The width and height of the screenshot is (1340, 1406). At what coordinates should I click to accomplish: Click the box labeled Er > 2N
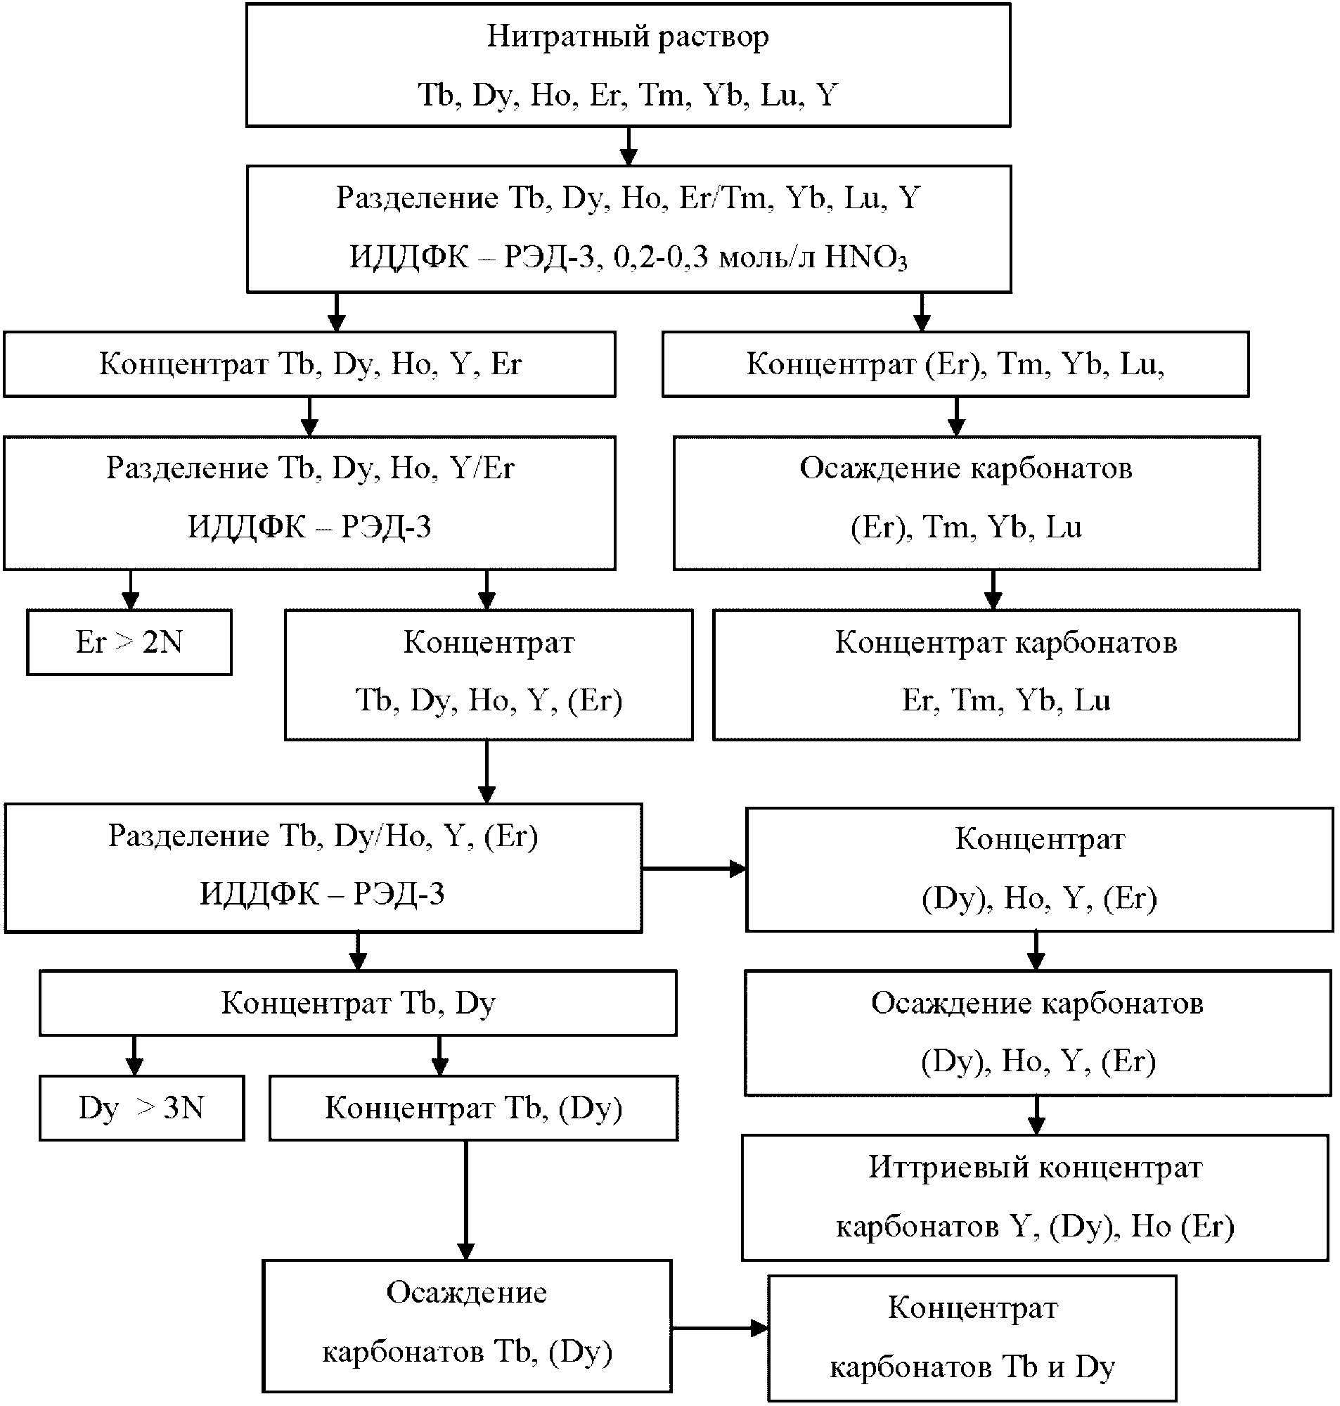point(129,641)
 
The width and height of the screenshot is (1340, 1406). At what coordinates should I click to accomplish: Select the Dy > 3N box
point(141,1108)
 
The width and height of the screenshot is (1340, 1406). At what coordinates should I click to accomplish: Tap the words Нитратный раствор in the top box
point(628,37)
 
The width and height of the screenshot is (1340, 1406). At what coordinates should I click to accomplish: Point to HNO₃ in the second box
point(865,257)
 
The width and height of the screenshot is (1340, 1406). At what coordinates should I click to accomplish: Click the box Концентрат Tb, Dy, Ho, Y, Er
point(309,364)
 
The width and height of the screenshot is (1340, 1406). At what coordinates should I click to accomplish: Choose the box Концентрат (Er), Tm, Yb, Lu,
point(955,364)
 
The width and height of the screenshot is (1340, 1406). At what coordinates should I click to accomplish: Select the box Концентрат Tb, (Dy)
point(474,1108)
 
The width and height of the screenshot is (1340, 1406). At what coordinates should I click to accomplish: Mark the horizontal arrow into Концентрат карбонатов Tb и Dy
point(719,1329)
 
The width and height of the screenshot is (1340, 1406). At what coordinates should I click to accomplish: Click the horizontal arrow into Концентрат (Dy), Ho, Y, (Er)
point(694,869)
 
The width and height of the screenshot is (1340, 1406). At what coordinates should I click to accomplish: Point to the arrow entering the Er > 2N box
point(130,589)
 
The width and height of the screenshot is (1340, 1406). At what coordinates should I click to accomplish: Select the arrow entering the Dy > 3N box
point(134,1055)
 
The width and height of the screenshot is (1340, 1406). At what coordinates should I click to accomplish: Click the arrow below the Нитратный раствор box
point(629,146)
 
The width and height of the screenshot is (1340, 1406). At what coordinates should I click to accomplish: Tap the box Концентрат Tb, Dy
point(358,1003)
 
